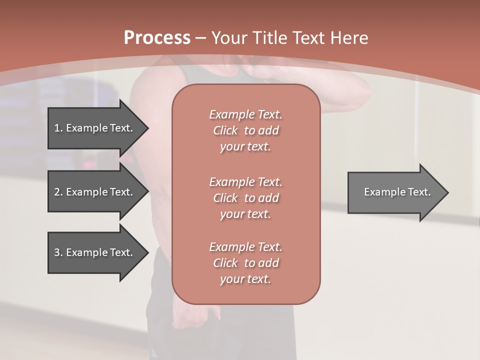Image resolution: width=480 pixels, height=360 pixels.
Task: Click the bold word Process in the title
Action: tap(157, 38)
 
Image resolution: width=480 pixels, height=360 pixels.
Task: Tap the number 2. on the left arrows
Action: tap(58, 192)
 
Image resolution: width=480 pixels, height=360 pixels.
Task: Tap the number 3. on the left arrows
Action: tap(58, 252)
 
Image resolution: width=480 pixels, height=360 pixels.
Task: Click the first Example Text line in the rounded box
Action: tap(245, 114)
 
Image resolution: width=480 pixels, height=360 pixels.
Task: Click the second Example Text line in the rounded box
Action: tap(245, 182)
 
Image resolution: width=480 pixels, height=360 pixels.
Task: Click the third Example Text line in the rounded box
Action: tap(245, 247)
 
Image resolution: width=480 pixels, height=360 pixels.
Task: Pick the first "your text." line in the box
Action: tap(245, 147)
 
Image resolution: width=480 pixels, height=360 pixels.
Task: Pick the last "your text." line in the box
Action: tap(245, 279)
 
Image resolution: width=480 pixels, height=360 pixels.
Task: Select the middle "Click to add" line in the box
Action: tap(245, 198)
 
